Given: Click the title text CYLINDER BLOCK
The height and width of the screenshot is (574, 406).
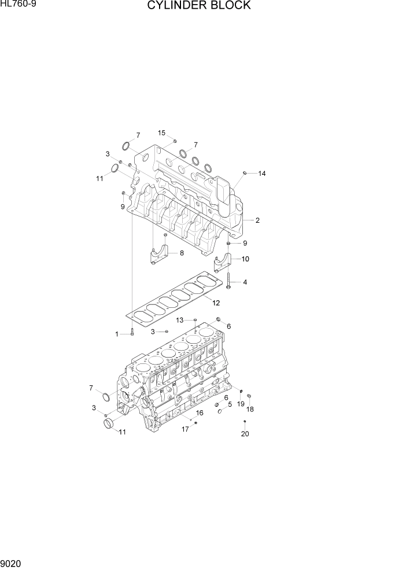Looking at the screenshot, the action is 199,6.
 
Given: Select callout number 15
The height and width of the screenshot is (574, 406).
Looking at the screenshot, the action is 162,133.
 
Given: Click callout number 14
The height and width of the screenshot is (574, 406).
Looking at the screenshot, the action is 261,173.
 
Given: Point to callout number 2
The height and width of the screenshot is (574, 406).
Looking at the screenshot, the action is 257,220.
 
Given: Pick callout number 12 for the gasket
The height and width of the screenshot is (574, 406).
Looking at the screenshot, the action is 215,303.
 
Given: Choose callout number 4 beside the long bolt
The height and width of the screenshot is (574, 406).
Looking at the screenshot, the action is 245,282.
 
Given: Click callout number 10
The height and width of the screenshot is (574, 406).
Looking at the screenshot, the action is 245,259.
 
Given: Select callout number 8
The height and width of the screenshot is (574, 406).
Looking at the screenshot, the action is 182,253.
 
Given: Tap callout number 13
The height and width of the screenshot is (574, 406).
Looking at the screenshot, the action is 180,320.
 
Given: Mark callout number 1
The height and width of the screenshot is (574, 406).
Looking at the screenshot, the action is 117,334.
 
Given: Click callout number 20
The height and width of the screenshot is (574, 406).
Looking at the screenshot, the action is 245,434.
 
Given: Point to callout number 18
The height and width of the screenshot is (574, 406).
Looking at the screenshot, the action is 250,409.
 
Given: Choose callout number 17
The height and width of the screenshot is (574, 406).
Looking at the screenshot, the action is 186,429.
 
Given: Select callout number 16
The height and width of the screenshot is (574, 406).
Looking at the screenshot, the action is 200,413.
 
